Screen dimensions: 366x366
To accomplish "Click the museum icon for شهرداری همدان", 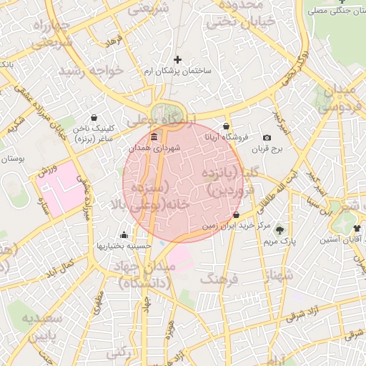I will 154,136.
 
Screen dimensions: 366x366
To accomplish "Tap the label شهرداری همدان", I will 155,148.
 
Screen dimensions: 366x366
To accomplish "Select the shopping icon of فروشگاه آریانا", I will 227,126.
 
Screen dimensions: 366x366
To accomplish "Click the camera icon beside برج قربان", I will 267,137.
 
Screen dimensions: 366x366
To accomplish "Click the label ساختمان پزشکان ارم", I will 177,71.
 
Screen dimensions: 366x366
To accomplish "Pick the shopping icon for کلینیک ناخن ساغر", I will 94,119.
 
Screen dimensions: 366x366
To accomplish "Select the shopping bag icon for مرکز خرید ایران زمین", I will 237,214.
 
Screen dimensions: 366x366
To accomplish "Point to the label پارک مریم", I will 279,242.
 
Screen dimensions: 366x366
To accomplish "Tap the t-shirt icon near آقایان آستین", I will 356,228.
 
